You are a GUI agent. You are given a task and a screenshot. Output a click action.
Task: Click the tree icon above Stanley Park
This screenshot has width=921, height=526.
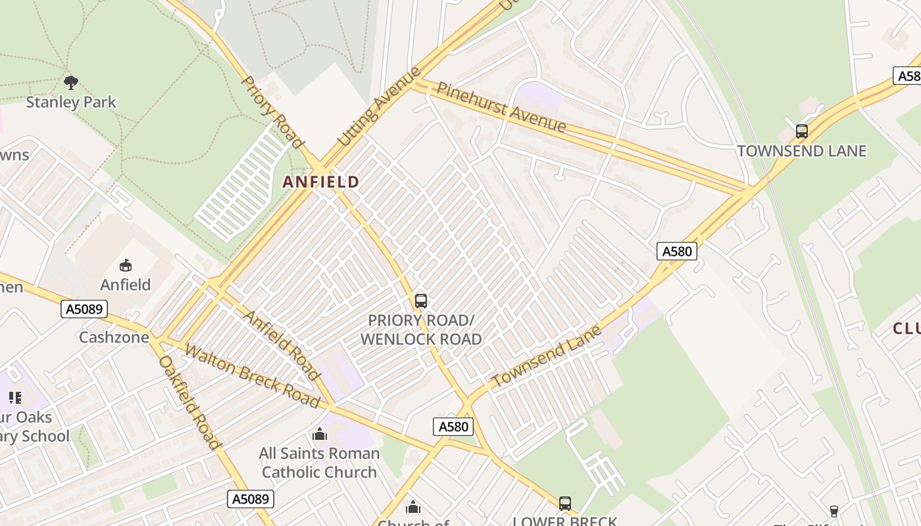71,83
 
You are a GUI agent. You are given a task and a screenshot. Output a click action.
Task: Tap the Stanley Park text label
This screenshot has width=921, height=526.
71,103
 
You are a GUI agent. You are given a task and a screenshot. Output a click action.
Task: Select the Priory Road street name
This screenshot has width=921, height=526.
273,112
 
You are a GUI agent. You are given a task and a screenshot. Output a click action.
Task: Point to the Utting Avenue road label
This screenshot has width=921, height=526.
378,106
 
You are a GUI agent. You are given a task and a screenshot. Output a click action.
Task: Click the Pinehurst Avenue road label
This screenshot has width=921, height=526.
501,107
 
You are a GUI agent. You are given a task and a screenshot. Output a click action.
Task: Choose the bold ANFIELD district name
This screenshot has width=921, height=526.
321,182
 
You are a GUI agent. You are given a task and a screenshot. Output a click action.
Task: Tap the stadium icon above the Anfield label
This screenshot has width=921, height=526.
125,266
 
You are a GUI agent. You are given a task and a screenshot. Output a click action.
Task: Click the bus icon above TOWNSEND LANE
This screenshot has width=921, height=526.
801,131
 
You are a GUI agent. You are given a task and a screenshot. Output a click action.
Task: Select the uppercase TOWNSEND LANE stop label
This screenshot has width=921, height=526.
801,151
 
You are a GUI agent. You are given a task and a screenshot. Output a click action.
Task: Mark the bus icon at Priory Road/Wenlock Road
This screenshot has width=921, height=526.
421,301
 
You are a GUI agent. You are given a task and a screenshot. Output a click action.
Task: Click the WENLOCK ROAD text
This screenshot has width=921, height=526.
421,339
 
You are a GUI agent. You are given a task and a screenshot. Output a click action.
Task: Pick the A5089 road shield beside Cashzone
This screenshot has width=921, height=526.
84,309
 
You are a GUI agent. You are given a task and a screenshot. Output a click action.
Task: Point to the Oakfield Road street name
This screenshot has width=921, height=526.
189,402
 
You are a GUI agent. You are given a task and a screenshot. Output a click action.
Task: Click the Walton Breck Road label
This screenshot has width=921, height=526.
253,375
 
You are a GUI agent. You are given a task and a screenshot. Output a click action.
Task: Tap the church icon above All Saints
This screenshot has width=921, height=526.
320,435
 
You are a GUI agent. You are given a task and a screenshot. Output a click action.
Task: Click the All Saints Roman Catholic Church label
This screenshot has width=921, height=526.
320,463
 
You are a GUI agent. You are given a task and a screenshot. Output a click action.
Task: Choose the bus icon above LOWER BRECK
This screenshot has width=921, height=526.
564,504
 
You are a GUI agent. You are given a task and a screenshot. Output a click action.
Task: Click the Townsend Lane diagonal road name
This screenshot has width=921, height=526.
547,356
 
